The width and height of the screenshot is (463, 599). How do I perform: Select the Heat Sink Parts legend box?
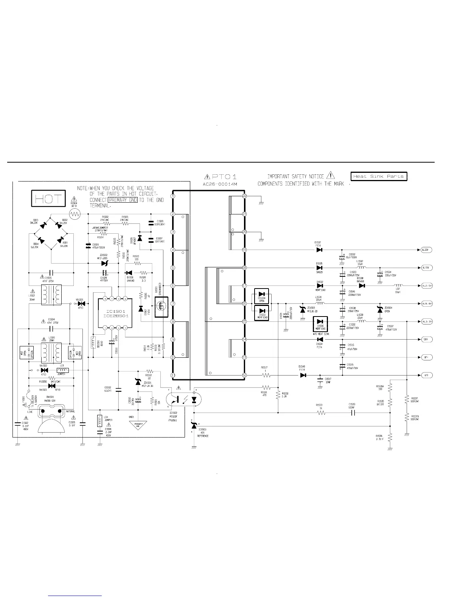[x=379, y=177]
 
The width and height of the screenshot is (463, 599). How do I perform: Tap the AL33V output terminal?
[x=427, y=250]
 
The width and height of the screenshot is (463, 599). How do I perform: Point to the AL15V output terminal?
[x=427, y=268]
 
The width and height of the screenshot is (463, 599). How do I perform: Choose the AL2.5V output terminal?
[x=427, y=286]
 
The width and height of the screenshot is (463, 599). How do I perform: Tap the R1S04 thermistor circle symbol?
[x=75, y=214]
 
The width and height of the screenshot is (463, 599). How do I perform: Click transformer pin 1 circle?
[x=173, y=196]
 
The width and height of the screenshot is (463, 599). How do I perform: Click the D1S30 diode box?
[x=320, y=324]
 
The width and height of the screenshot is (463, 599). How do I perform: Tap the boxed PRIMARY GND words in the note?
[x=123, y=200]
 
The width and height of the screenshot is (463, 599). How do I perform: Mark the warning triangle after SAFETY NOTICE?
[x=330, y=175]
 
